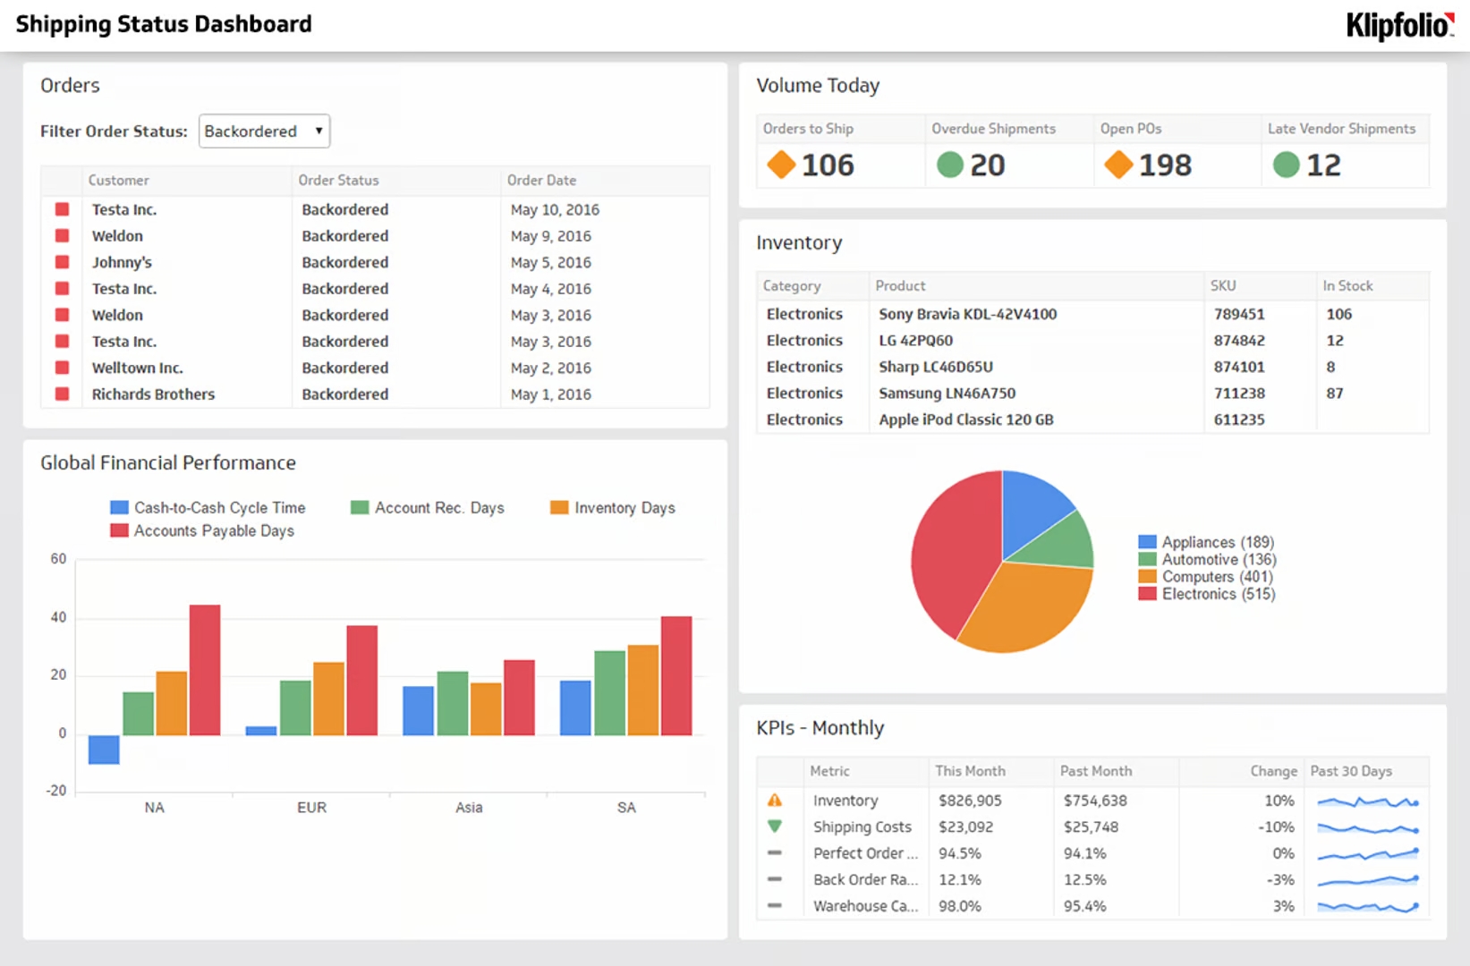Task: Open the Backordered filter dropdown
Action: click(264, 131)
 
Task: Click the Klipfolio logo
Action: click(1399, 25)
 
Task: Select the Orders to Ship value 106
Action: click(828, 165)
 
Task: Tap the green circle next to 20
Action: click(949, 165)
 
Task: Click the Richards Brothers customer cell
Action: click(153, 394)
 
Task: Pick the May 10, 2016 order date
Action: click(555, 210)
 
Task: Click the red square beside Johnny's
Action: click(63, 262)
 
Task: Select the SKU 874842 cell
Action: click(1239, 341)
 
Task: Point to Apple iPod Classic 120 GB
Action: click(965, 419)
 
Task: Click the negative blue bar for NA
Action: click(104, 750)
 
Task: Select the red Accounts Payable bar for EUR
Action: click(361, 680)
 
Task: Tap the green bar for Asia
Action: click(453, 703)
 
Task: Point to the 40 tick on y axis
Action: click(58, 617)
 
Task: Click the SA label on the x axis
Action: click(626, 808)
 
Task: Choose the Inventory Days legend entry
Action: click(624, 508)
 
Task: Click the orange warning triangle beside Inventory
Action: click(775, 801)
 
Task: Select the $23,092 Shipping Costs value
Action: click(965, 827)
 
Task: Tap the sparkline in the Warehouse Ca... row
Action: click(1367, 906)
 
